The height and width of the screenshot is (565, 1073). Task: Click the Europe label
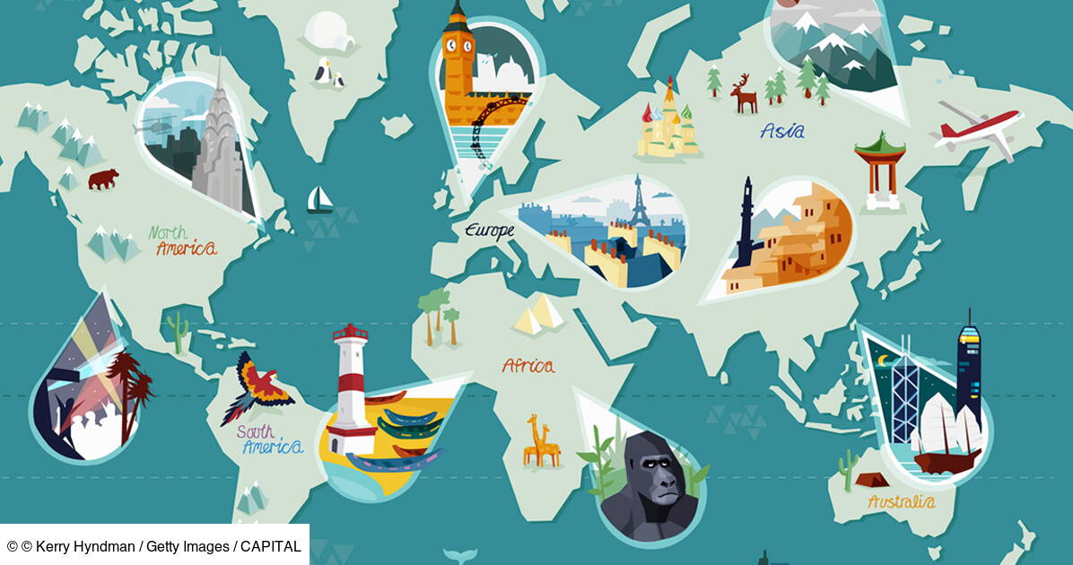point(489,230)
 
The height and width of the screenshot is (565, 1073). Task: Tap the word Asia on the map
point(782,131)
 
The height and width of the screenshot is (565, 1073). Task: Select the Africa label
point(528,365)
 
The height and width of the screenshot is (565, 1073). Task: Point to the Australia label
point(901,501)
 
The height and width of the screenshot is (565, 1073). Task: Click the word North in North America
point(168,232)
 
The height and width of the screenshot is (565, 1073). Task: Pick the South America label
point(268,439)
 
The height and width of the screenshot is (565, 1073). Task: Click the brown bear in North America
point(102,178)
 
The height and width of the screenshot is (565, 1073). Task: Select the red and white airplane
point(978,128)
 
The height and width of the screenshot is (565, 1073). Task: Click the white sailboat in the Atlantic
point(319,200)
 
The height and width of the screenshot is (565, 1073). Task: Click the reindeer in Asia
point(744,93)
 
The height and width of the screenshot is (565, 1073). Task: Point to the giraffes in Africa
point(541,441)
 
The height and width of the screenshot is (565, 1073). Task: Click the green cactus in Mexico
point(179,332)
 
